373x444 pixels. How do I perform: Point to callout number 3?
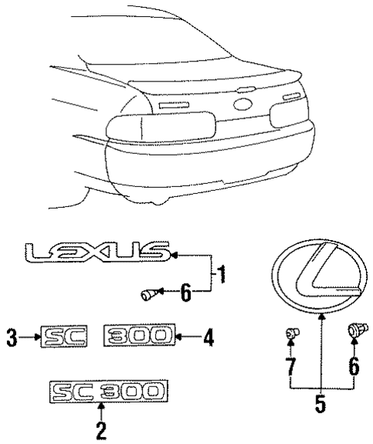pyautogui.click(x=11, y=336)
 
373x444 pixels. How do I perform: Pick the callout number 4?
pyautogui.click(x=208, y=336)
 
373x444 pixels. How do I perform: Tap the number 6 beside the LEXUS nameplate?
pyautogui.click(x=185, y=293)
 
